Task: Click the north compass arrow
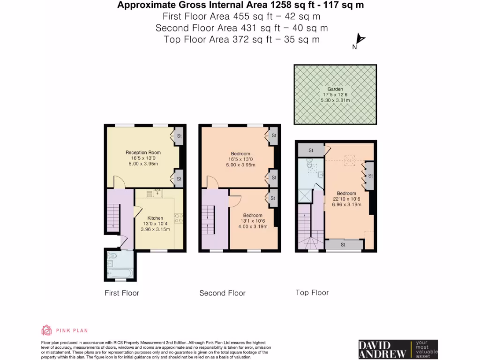(360, 40)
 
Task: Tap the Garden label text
(335, 89)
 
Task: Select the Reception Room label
(143, 152)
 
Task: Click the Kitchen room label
(155, 218)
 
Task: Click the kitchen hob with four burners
(179, 217)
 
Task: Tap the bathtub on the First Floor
(120, 273)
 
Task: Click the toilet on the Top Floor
(310, 163)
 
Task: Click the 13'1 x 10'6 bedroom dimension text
(252, 221)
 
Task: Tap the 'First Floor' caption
(121, 293)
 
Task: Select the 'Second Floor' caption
(222, 293)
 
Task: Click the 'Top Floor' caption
(312, 293)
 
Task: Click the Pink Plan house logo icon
(46, 330)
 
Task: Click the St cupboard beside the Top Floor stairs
(310, 150)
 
